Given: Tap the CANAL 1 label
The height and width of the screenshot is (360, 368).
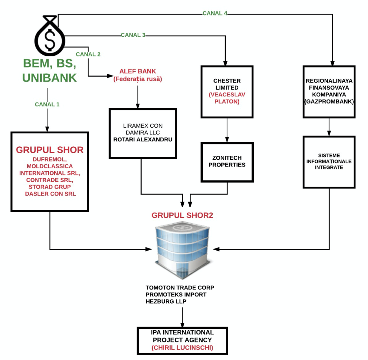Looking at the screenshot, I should click(47, 104).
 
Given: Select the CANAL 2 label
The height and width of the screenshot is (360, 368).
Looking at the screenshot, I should click(88, 54).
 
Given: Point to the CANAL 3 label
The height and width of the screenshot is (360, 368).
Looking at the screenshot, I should click(133, 35).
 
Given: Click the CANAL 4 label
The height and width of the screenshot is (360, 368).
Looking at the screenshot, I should click(215, 13).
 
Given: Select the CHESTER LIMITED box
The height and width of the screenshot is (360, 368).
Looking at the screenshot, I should click(227, 91).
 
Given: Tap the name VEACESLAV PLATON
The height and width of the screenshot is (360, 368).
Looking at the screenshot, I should click(227, 98).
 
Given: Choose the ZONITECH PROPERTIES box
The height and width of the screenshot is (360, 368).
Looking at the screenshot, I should click(227, 161).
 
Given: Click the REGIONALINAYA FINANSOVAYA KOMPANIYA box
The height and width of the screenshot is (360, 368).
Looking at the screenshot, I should click(329, 91).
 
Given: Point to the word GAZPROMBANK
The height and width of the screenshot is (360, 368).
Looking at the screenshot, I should click(329, 102).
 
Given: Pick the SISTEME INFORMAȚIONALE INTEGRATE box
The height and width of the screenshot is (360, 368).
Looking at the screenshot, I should click(329, 162).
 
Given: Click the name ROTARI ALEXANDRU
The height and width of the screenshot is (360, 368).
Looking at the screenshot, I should click(143, 139).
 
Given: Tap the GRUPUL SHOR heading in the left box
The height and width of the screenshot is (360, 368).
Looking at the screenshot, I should click(50, 150).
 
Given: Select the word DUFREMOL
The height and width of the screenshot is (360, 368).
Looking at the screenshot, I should click(50, 159).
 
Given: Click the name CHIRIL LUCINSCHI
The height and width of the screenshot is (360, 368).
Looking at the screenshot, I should click(182, 347).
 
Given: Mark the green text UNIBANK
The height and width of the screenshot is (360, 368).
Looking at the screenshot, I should click(50, 78).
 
